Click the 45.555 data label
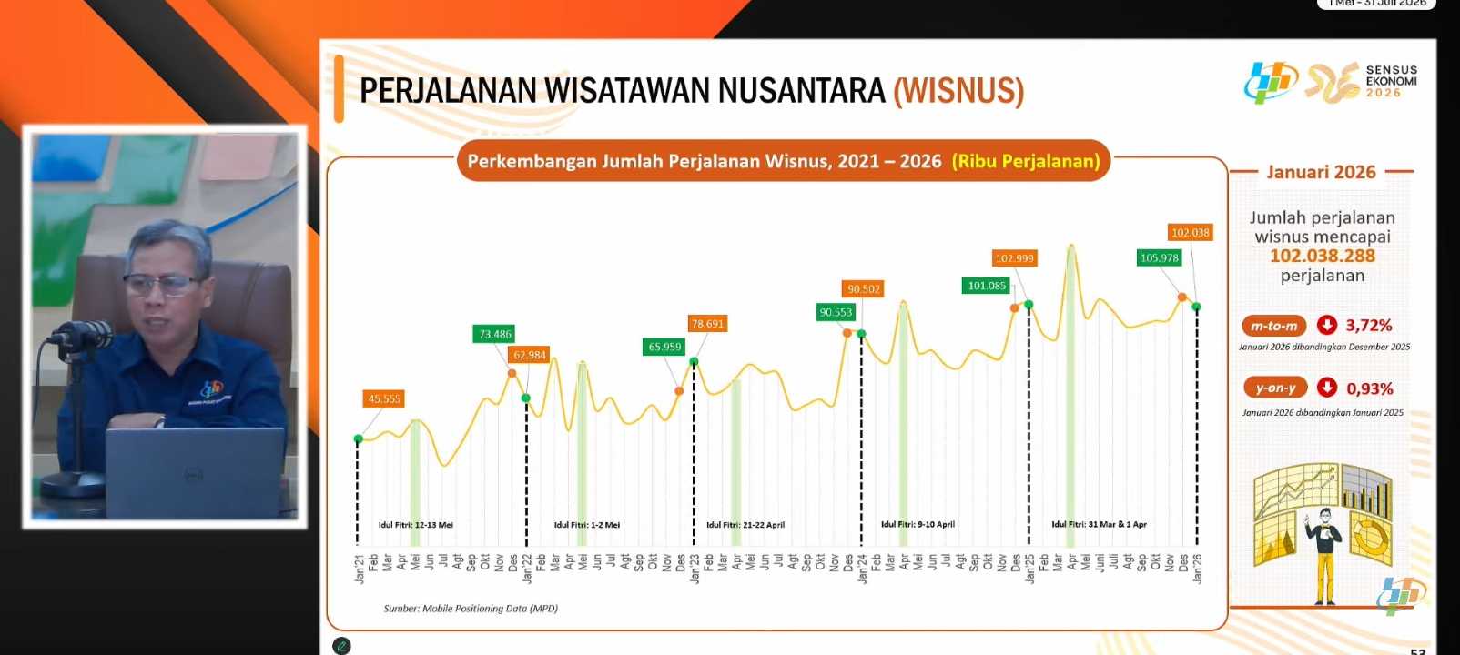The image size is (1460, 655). point(384,398)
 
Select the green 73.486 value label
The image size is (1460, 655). point(495,334)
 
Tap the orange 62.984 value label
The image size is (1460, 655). point(530,355)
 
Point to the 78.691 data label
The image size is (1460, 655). point(707,323)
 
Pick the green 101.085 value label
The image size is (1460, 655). point(987,286)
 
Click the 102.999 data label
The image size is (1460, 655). point(1014,258)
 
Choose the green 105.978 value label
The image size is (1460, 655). point(1160,257)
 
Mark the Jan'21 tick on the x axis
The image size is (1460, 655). point(360,568)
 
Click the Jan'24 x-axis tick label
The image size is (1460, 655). point(863,568)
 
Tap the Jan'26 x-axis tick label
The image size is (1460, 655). point(1198,568)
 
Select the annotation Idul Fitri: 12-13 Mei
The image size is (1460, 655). point(416,525)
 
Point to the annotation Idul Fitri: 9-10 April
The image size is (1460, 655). point(918,524)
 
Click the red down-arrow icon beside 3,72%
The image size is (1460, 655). point(1327,325)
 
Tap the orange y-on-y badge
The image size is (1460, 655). point(1275,388)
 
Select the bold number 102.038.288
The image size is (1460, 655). point(1323,256)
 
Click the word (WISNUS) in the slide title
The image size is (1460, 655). point(958,91)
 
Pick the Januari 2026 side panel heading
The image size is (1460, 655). point(1321,172)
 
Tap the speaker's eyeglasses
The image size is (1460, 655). point(162,284)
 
